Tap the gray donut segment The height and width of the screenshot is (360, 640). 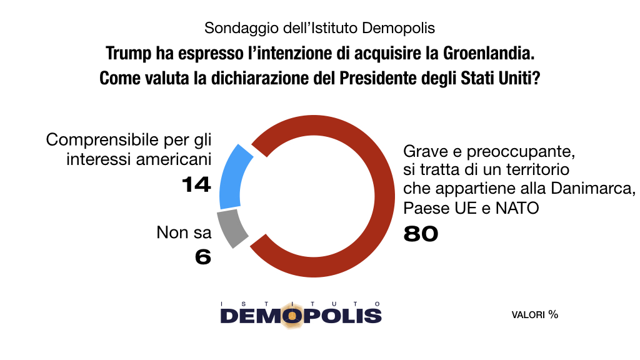231,228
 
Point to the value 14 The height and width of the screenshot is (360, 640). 196,184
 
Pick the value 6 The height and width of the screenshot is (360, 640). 202,256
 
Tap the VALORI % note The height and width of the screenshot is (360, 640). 534,314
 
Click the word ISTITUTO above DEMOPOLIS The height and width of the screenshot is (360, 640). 301,302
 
